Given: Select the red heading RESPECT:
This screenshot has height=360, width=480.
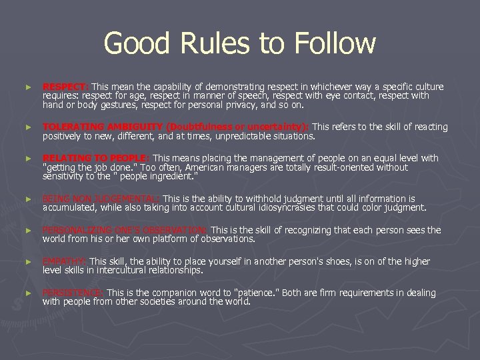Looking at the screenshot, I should tap(65, 87).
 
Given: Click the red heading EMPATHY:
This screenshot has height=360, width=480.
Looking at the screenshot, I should tap(64, 261).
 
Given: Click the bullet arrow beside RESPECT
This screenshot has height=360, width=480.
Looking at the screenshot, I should tap(27, 87).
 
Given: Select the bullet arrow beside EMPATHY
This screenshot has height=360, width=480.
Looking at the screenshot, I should tap(27, 262).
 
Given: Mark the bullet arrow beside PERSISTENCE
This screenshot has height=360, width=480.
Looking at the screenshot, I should tap(27, 293).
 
